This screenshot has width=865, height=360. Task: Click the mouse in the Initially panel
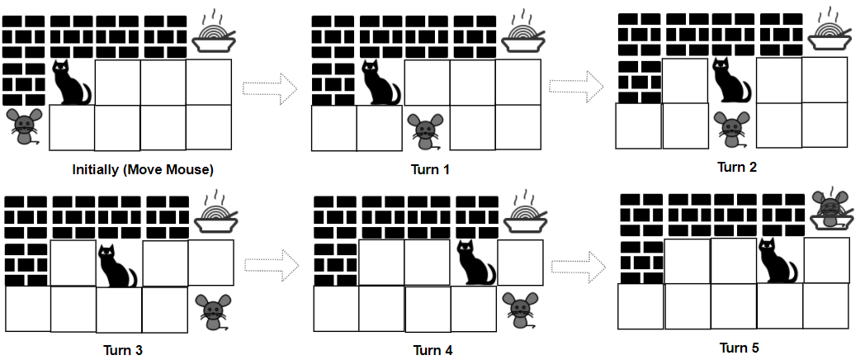tap(24, 126)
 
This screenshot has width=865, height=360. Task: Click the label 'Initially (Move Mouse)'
tap(142, 170)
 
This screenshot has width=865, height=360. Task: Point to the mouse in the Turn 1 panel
tap(425, 131)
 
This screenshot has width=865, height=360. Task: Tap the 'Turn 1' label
tap(430, 169)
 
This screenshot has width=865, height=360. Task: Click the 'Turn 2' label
tap(737, 167)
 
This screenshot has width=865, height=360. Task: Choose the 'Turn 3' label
tap(122, 350)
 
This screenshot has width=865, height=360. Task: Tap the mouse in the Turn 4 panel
tap(520, 310)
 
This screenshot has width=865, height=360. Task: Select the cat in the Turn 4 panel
tap(476, 263)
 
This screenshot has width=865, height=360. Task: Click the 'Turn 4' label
tap(433, 350)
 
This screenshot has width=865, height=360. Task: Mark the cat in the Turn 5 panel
tap(778, 260)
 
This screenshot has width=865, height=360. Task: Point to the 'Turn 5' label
tap(740, 348)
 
